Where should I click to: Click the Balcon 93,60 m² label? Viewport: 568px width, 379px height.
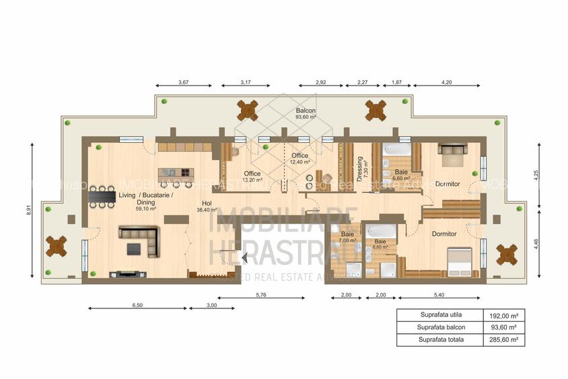pos(306,113)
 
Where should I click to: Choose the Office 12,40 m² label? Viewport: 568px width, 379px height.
pos(300,159)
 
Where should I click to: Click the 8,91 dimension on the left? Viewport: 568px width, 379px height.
pos(30,209)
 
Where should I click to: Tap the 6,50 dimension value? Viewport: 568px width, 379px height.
pos(137,306)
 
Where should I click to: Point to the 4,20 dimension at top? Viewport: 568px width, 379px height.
pos(446,82)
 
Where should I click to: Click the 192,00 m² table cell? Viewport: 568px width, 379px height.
pos(503,315)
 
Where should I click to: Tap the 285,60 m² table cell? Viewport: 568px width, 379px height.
pos(503,340)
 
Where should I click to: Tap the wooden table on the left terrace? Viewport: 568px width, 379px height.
pos(57,247)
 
